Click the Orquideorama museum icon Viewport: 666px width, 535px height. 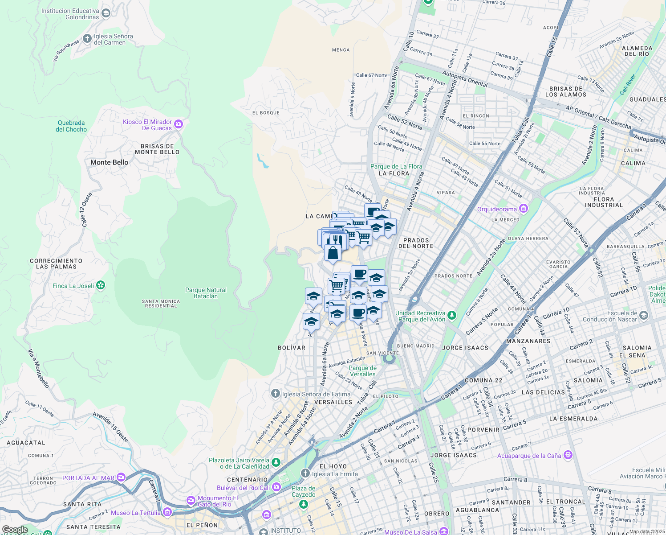[x=524, y=209]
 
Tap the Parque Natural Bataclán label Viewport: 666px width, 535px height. [x=206, y=293]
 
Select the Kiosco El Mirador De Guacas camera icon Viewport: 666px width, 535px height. [x=179, y=124]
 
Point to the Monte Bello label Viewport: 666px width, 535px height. [x=109, y=162]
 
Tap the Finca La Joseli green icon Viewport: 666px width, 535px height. [x=101, y=285]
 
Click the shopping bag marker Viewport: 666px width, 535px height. [x=333, y=253]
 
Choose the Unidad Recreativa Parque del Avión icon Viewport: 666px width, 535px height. [x=452, y=315]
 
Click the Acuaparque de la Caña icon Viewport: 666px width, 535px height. [x=568, y=455]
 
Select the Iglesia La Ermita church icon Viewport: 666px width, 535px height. [x=305, y=473]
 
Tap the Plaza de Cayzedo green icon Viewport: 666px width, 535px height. [x=304, y=504]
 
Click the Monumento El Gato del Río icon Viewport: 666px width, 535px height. [x=191, y=500]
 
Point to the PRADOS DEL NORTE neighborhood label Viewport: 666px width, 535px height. [x=416, y=243]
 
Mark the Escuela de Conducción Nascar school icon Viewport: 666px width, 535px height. [x=644, y=316]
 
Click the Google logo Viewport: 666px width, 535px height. [x=15, y=530]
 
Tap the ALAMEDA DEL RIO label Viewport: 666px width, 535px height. [x=637, y=51]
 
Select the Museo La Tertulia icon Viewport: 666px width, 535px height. [x=167, y=511]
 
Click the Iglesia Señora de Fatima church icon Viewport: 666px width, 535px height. [x=276, y=394]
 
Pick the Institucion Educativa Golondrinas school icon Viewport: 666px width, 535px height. [x=106, y=13]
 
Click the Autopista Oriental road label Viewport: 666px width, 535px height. [x=465, y=79]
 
